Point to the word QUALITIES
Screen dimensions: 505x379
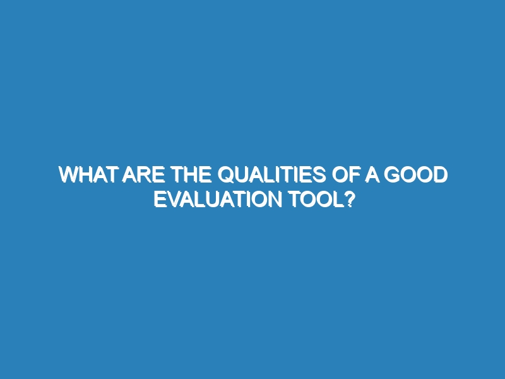point(272,175)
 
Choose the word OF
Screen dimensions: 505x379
point(346,175)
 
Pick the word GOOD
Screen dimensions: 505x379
point(415,175)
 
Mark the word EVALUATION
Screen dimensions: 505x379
point(218,199)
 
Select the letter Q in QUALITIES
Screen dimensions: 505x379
point(227,175)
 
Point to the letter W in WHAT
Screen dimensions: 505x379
point(69,175)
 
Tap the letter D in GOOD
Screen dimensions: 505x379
point(441,175)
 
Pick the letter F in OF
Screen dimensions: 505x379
point(355,175)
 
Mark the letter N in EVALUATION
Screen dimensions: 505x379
point(275,199)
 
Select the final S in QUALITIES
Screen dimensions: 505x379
point(319,175)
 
